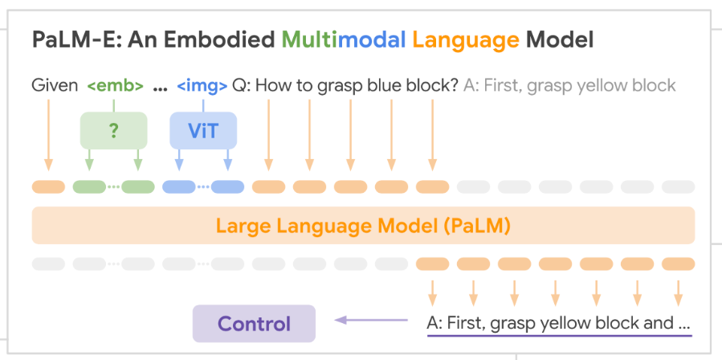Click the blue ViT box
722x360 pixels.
(203, 130)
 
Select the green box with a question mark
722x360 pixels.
(114, 130)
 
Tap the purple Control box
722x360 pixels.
(254, 324)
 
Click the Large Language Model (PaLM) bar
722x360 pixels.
(363, 226)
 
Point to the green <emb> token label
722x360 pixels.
(115, 86)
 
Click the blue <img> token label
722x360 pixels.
(202, 86)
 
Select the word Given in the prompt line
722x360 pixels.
(55, 86)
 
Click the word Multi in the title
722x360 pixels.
(309, 40)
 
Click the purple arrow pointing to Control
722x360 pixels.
(371, 320)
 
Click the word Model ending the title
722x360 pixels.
(560, 40)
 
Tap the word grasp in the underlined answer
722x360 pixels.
(512, 325)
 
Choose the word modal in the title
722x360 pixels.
(372, 40)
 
